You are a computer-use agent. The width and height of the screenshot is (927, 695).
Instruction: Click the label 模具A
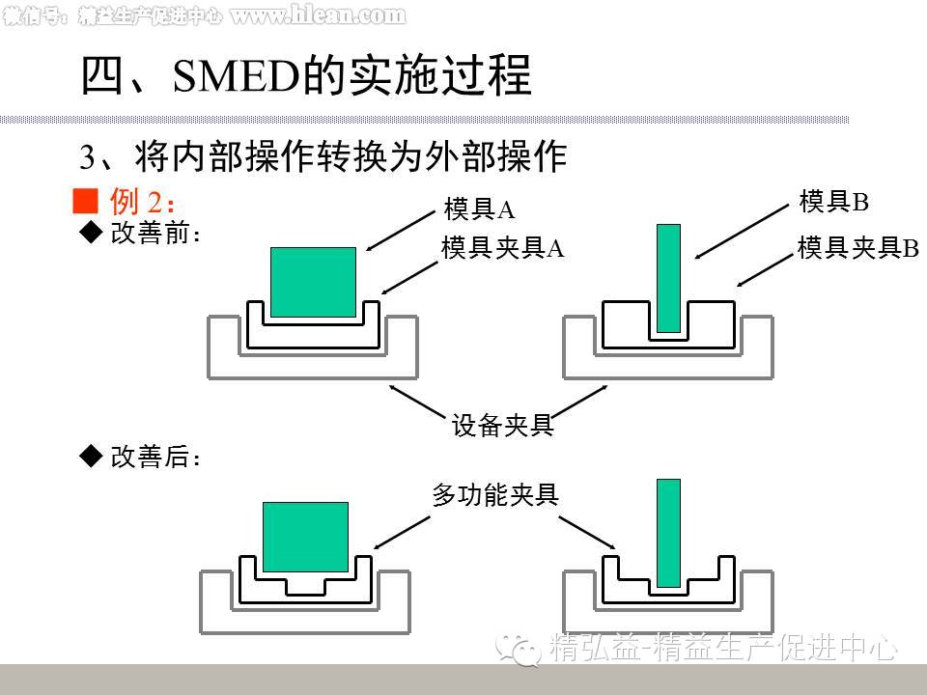(x=479, y=209)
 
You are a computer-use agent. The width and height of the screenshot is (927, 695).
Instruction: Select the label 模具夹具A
(x=502, y=248)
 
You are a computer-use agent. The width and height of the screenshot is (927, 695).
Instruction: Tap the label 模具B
(x=834, y=202)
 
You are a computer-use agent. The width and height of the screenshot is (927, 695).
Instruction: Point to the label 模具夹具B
(x=857, y=248)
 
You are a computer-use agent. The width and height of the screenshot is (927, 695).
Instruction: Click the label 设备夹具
(x=502, y=425)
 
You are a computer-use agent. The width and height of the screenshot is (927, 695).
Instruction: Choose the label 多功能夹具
(x=495, y=495)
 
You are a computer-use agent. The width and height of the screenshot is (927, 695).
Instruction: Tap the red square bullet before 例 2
(x=87, y=201)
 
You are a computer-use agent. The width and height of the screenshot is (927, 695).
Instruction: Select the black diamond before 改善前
(x=90, y=233)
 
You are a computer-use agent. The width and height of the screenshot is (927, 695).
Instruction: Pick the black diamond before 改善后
(x=90, y=457)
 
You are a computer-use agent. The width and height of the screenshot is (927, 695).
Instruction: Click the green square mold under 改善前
(x=313, y=282)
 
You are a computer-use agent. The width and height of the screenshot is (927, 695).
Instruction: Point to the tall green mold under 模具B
(x=668, y=278)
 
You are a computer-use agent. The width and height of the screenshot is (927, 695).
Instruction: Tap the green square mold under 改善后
(x=305, y=537)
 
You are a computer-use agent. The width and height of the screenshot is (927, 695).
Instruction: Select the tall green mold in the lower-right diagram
(x=668, y=533)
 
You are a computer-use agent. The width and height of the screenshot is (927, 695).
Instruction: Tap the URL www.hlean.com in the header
(x=317, y=15)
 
